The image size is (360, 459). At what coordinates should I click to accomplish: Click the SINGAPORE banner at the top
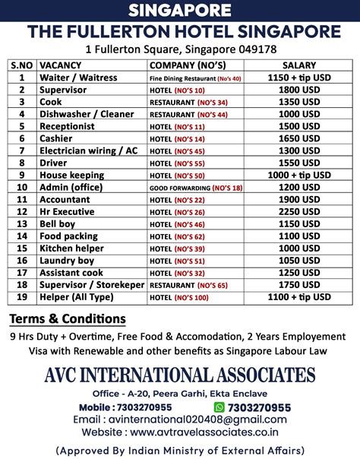[180, 10]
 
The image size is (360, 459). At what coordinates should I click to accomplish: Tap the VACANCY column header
[61, 65]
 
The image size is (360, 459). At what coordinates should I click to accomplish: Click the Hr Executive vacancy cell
[68, 211]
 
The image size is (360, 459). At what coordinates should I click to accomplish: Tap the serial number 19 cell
[22, 296]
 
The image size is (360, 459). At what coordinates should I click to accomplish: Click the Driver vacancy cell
[55, 163]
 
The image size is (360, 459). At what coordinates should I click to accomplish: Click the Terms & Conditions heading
[68, 318]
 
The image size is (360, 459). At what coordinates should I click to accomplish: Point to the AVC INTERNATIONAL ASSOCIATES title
[180, 375]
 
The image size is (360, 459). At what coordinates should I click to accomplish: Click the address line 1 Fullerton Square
[180, 49]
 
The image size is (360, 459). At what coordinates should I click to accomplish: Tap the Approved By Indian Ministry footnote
[180, 449]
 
